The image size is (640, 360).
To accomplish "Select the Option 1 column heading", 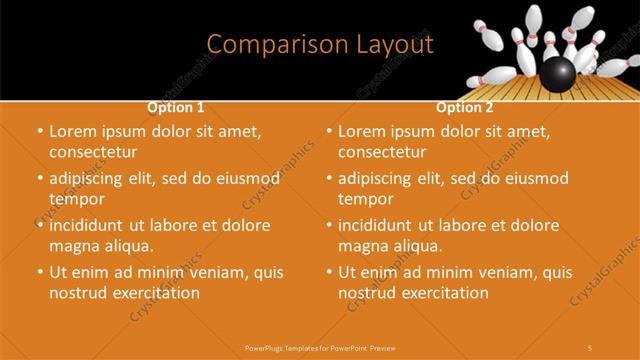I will pyautogui.click(x=176, y=106).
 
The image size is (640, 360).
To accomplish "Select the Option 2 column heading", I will pyautogui.click(x=465, y=106).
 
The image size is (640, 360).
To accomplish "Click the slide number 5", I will pyautogui.click(x=590, y=347).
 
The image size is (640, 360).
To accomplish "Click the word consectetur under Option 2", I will pyautogui.click(x=381, y=152).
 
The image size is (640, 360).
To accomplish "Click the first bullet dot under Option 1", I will pyautogui.click(x=39, y=132).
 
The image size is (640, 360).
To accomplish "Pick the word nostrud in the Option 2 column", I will pyautogui.click(x=369, y=293).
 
